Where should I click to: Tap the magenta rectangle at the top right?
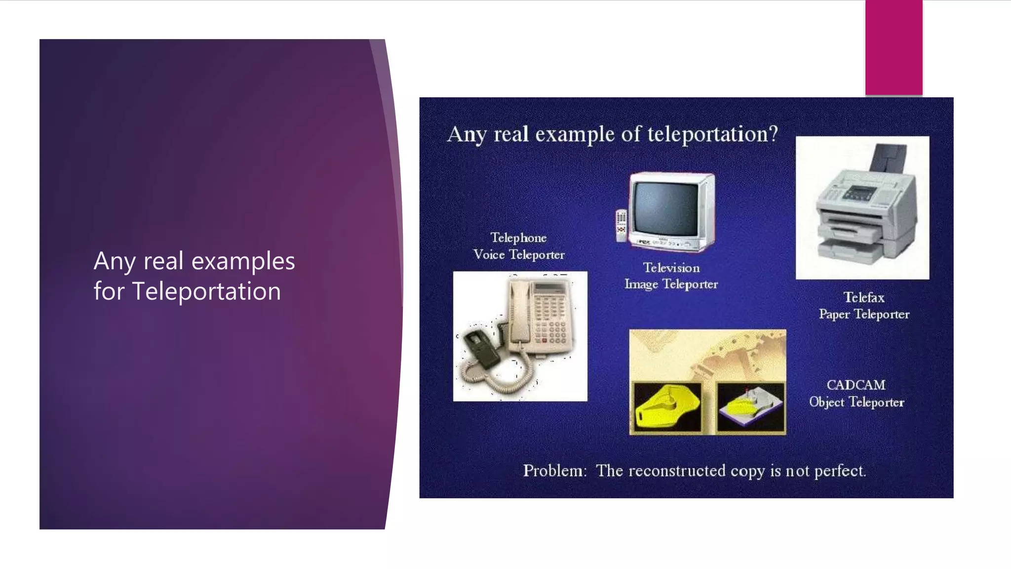pos(893,47)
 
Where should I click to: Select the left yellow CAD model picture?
pos(666,408)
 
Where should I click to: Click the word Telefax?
pos(864,297)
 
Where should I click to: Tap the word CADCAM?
pos(856,385)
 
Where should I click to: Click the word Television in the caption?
pos(671,268)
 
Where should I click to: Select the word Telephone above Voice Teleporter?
pos(518,238)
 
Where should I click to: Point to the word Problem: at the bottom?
pos(555,471)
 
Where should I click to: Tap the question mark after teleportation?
pos(773,134)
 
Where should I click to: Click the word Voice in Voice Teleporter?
pos(489,255)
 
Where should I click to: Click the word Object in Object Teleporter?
pos(827,403)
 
